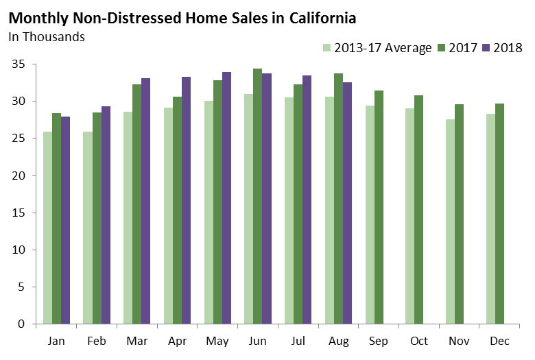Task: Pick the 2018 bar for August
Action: [x=346, y=203]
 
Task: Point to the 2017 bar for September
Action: [x=378, y=207]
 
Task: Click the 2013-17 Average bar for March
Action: [x=128, y=217]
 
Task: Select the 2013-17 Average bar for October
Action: [x=409, y=216]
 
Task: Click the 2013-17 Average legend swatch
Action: [x=327, y=48]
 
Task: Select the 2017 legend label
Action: [x=464, y=48]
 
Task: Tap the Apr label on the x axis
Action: [x=178, y=341]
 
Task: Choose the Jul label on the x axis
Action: [x=298, y=341]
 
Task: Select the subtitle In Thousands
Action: [x=47, y=36]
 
